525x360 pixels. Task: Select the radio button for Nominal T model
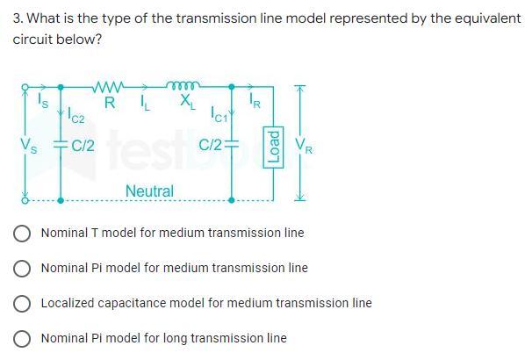[24, 234]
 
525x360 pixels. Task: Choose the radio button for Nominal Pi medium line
[24, 268]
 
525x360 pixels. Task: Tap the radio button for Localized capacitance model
[24, 303]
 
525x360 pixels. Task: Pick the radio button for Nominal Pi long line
[24, 338]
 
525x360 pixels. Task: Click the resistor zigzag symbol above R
[110, 86]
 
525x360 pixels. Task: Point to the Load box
[273, 144]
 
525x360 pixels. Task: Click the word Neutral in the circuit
[149, 191]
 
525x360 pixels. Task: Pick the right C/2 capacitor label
[211, 146]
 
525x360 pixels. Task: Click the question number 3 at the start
[17, 18]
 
